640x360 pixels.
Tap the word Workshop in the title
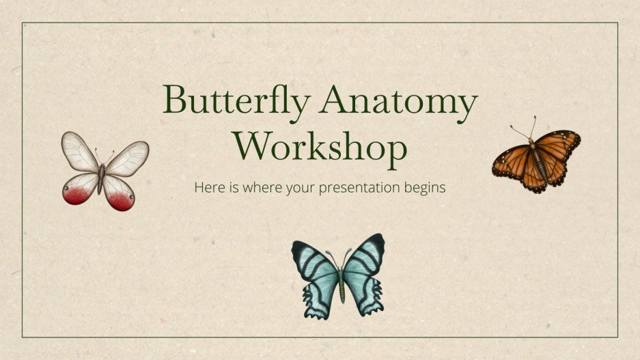pyautogui.click(x=320, y=146)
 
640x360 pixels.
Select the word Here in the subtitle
pyautogui.click(x=207, y=186)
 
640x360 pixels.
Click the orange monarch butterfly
pyautogui.click(x=536, y=158)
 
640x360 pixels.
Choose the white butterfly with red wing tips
pyautogui.click(x=105, y=171)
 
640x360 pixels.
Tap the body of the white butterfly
pyautogui.click(x=102, y=176)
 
